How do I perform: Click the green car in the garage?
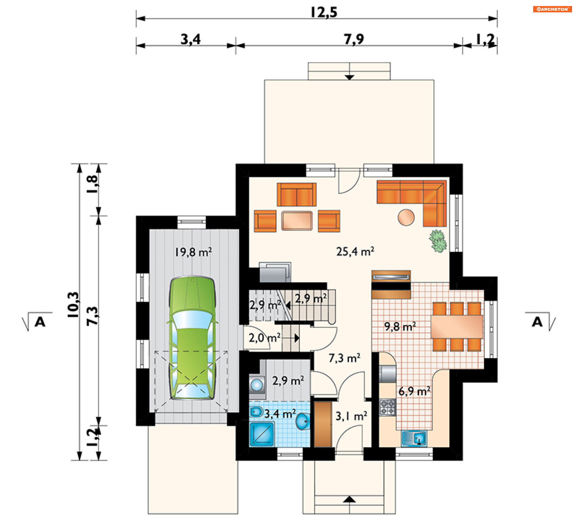[x=192, y=338]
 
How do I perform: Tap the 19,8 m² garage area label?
[x=193, y=252]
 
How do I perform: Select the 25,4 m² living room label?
[x=355, y=251]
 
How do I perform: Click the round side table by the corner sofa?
[x=406, y=217]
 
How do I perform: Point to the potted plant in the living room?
[x=438, y=241]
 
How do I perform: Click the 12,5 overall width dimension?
[x=324, y=12]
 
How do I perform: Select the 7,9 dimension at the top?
[x=354, y=39]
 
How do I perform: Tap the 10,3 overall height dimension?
[x=73, y=305]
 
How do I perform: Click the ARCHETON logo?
[x=552, y=9]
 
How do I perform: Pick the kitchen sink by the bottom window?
[x=414, y=438]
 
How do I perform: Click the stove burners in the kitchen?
[x=387, y=407]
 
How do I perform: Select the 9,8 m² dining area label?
[x=400, y=327]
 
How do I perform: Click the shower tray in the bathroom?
[x=262, y=434]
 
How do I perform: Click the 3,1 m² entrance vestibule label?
[x=351, y=416]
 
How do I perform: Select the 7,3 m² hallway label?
[x=344, y=358]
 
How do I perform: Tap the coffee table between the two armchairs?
[x=297, y=220]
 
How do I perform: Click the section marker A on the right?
[x=537, y=322]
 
